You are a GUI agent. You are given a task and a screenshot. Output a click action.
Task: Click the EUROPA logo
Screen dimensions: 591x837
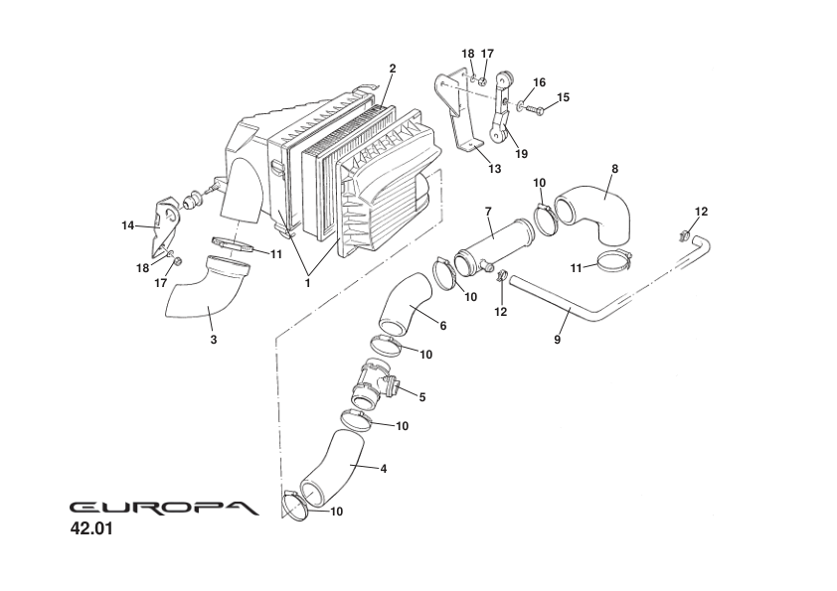(163, 507)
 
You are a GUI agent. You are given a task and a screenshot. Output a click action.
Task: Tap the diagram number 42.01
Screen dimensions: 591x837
(91, 529)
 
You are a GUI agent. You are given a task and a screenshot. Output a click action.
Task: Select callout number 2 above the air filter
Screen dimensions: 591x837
(393, 69)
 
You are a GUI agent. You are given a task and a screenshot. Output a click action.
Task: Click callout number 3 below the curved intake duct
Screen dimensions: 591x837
(213, 339)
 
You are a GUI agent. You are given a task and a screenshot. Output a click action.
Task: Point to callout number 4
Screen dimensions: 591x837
(383, 467)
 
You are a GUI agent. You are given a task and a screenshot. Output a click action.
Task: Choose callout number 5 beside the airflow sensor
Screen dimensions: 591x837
(421, 396)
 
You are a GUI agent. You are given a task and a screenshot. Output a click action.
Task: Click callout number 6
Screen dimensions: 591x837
(442, 326)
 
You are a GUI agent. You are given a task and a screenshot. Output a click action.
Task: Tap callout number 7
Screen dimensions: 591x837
(488, 212)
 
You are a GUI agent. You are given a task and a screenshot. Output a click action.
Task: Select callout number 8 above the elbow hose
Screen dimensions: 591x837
(614, 169)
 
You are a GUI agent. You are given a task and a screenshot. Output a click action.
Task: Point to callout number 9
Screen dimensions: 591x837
(558, 339)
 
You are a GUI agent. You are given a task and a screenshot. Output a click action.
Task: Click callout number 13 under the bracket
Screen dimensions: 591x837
(495, 169)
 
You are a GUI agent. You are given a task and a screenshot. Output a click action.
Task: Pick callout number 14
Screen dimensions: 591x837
(127, 225)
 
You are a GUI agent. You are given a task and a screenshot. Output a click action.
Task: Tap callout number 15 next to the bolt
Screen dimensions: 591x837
(563, 97)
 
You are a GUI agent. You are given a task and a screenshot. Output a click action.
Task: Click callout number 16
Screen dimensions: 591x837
(540, 82)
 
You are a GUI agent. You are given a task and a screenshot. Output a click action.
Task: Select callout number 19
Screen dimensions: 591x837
(522, 153)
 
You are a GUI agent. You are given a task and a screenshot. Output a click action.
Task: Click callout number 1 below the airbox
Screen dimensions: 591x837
(307, 282)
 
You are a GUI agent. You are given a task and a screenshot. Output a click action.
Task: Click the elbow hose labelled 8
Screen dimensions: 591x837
(596, 211)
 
